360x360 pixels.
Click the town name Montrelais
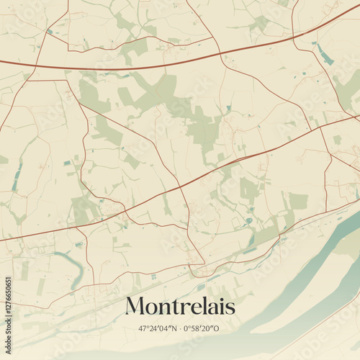click(180, 307)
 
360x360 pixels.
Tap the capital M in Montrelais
click(134, 307)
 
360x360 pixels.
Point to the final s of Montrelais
click(230, 308)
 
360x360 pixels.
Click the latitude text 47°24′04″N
click(157, 329)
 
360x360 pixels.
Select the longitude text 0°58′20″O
click(203, 329)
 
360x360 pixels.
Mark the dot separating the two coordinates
click(180, 329)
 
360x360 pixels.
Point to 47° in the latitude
click(144, 329)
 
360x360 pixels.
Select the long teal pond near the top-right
click(325, 55)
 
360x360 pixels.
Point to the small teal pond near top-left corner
click(50, 32)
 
